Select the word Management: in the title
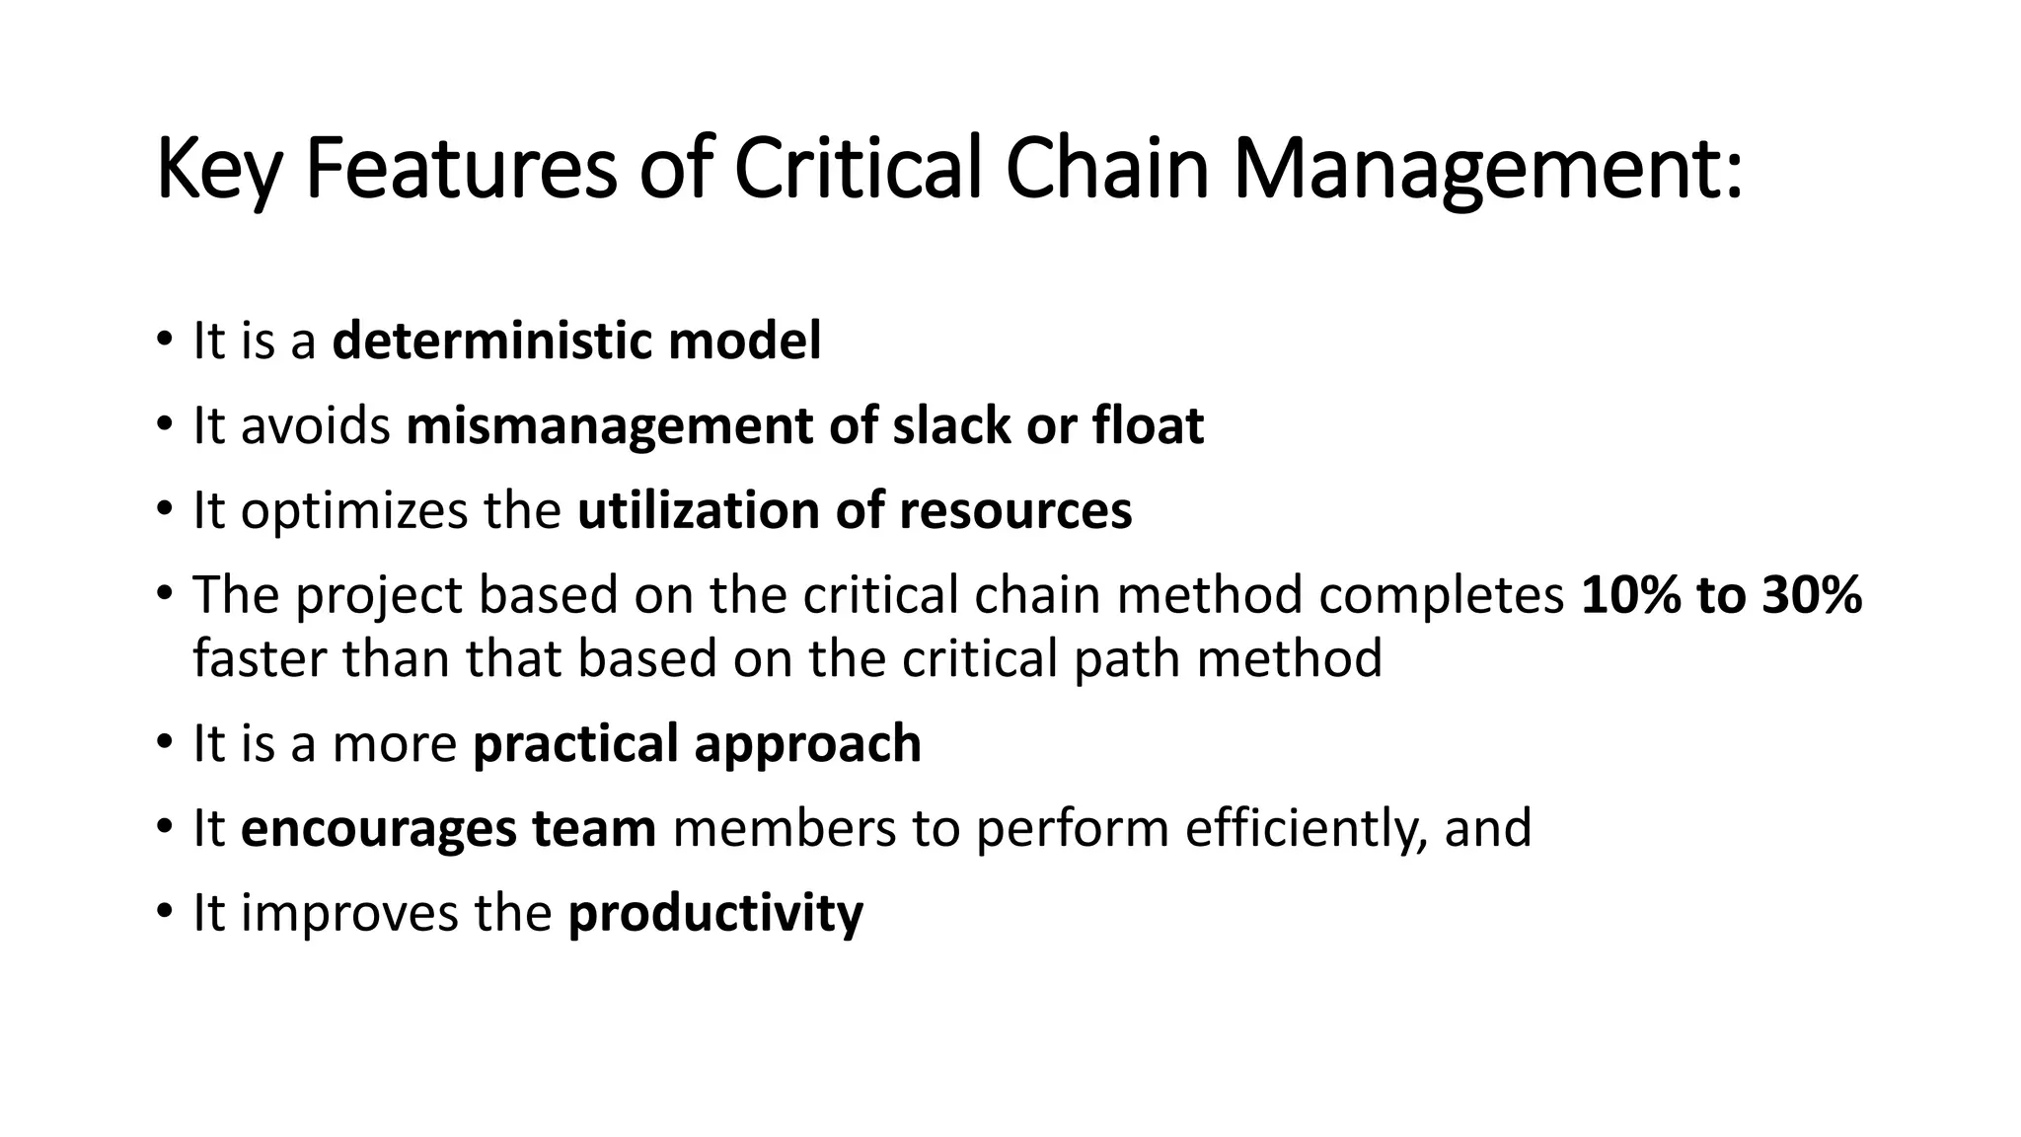[1487, 170]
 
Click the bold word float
[1148, 426]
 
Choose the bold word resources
[1015, 511]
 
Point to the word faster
[260, 658]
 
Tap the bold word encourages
[379, 828]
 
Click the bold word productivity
[715, 913]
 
